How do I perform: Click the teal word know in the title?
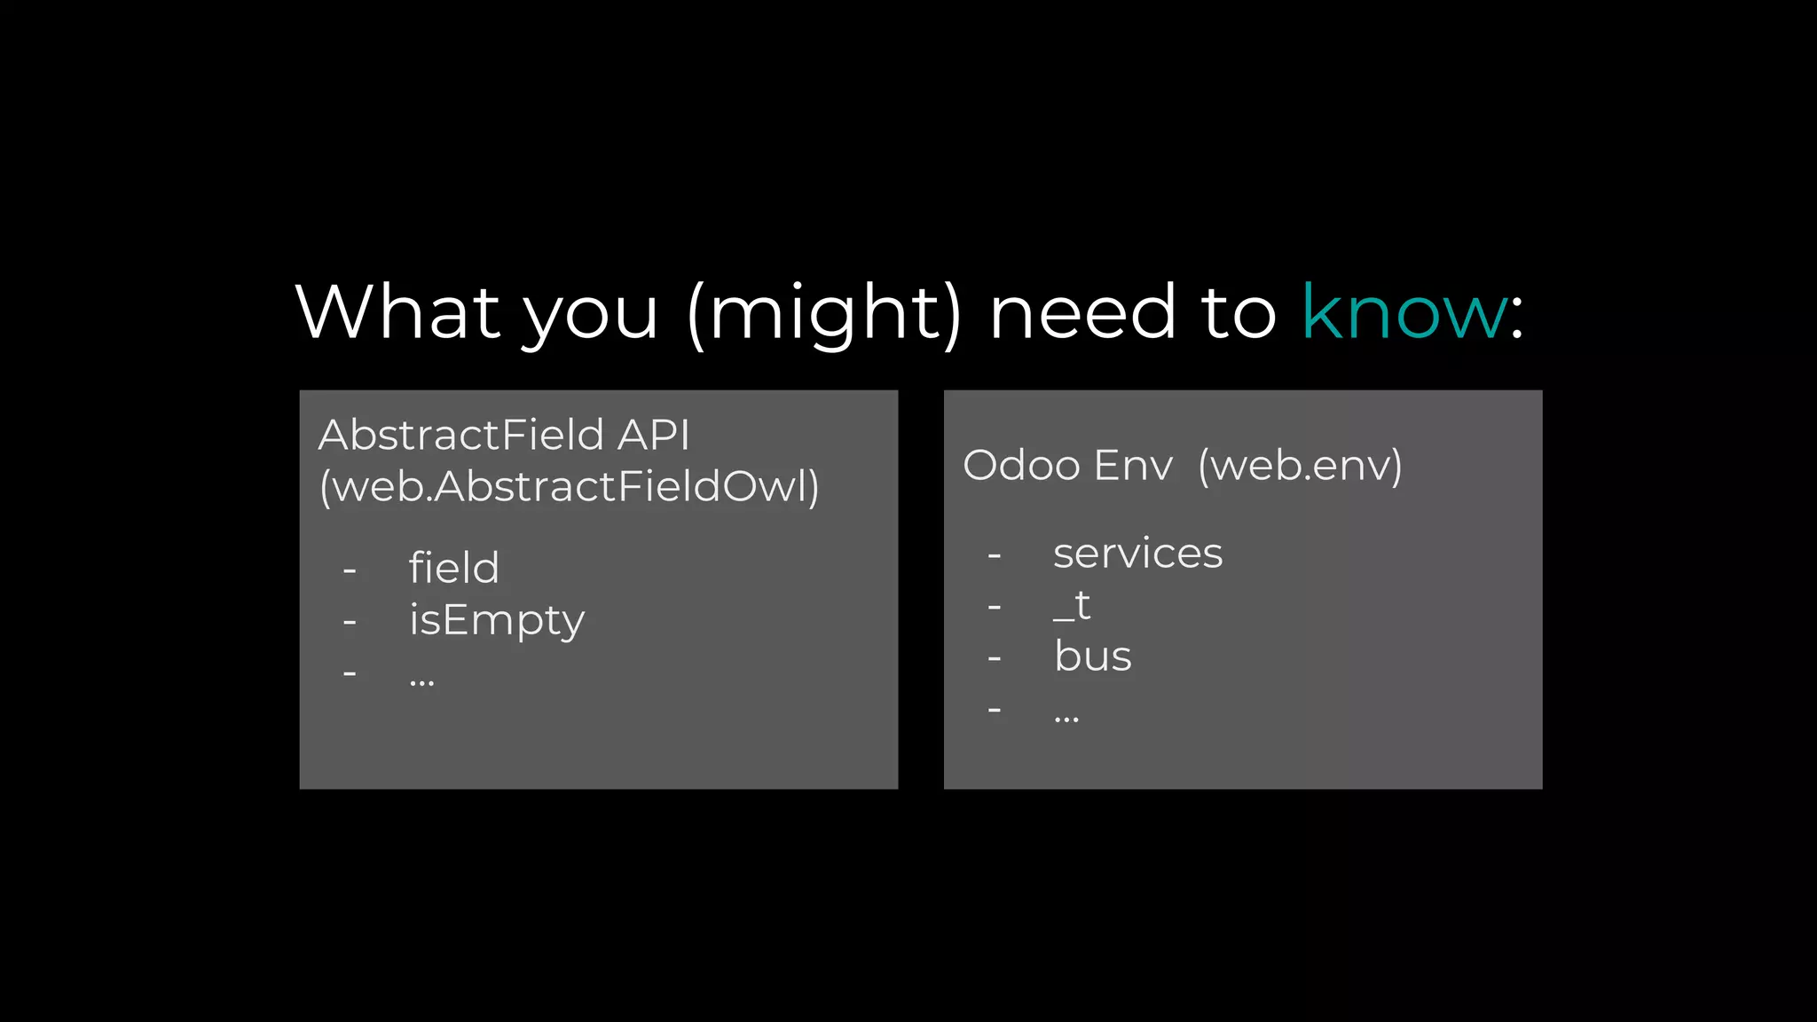coord(1404,312)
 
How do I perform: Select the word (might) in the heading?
coord(824,314)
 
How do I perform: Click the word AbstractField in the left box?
coord(461,435)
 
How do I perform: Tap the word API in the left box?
coord(654,435)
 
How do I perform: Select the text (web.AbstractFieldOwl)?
coord(570,486)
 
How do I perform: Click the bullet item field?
coord(453,568)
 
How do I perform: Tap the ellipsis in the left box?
coord(421,681)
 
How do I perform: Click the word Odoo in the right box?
coord(1020,465)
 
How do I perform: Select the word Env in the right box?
coord(1134,465)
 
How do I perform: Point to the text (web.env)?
coord(1300,465)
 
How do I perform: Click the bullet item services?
coord(1137,554)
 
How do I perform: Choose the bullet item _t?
coord(1072,606)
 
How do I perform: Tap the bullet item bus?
coord(1092,656)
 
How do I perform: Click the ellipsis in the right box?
coord(1066,718)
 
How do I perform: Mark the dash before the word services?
coord(995,556)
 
